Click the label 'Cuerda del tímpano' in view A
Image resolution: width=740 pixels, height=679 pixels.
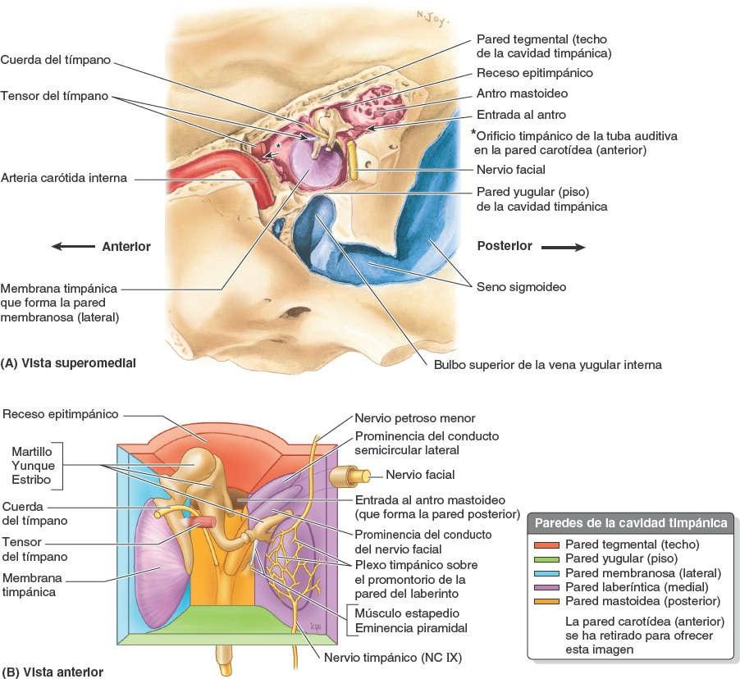(55, 59)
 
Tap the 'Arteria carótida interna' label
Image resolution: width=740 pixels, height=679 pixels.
(64, 178)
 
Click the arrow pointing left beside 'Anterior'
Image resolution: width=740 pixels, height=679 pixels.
(71, 246)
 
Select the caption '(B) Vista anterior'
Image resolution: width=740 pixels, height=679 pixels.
(53, 672)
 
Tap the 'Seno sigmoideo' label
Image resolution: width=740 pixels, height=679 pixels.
(521, 287)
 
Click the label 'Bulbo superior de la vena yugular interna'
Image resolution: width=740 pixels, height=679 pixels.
(547, 364)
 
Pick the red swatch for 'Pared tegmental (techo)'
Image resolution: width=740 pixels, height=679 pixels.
(546, 544)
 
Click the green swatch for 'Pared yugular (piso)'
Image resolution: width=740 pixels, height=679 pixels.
(546, 558)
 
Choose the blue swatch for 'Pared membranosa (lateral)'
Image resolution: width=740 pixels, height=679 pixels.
(546, 572)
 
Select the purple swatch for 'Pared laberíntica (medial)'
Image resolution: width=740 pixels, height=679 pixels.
(546, 586)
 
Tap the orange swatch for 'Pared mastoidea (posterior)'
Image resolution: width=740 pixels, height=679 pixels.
(546, 601)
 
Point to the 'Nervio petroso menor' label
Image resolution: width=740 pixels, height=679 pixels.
(414, 418)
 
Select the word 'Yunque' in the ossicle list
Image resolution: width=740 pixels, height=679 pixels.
(33, 466)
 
